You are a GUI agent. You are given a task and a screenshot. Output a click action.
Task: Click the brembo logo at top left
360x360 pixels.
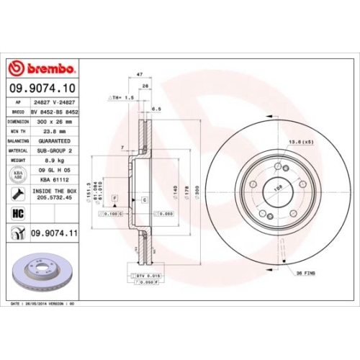click(x=41, y=68)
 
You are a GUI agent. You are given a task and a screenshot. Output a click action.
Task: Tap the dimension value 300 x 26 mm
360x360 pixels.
click(x=55, y=122)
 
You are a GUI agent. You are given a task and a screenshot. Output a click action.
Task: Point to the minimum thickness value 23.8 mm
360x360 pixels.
click(x=55, y=132)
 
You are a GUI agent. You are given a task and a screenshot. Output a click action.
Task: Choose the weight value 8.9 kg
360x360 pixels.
click(x=55, y=161)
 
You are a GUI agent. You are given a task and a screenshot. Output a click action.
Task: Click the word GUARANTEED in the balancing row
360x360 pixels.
click(x=55, y=141)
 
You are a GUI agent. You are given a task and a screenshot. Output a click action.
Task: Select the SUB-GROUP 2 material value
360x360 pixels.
click(x=55, y=150)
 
